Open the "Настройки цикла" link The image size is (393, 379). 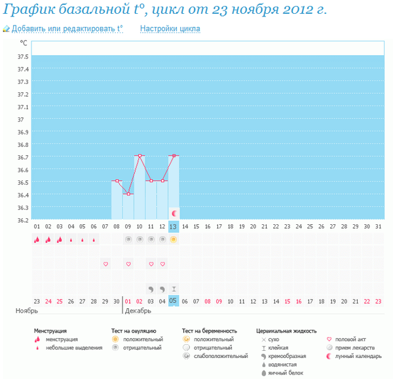[x=170, y=29]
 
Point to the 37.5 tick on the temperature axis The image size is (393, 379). [x=22, y=56]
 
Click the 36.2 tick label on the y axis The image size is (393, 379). [x=22, y=220]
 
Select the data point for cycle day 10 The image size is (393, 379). [x=140, y=156]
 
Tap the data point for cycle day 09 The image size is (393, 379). [x=128, y=194]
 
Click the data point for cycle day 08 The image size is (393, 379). [x=117, y=181]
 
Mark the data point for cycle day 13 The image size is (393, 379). [x=174, y=156]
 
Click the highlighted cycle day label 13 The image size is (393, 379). [x=173, y=226]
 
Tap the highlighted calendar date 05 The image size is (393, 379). [x=173, y=300]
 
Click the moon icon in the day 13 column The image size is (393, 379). [x=174, y=214]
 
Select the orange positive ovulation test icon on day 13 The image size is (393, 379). [x=174, y=240]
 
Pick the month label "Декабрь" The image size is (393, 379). [x=138, y=310]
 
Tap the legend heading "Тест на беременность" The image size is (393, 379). [x=209, y=331]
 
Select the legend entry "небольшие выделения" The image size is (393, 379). [x=73, y=348]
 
